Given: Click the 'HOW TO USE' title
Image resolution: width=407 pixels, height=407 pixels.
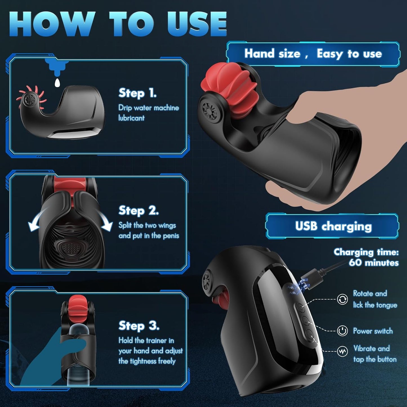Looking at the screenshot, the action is tap(118, 24).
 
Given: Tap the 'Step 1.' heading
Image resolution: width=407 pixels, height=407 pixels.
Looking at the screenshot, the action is tap(137, 93).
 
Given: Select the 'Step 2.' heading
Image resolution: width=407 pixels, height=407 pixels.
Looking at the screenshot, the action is tap(139, 210).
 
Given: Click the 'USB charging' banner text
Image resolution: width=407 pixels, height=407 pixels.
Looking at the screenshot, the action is tap(333, 226).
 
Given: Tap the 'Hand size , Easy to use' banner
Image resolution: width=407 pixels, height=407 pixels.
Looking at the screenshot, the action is tap(313, 54).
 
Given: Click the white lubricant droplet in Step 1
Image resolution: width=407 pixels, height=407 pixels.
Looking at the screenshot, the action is tap(57, 83).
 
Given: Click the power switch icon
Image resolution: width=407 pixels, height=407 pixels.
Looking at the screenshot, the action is tap(342, 331).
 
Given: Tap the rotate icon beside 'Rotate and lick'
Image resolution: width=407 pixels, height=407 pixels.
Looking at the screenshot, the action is tap(342, 299).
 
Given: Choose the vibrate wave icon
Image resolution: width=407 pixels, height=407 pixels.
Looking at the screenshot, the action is tap(342, 351).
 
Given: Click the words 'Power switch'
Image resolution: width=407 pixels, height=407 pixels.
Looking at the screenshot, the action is tap(373, 331).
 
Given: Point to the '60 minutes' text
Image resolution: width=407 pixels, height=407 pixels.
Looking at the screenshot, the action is tap(374, 263).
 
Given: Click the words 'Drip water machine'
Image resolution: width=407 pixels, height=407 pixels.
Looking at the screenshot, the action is tap(149, 108).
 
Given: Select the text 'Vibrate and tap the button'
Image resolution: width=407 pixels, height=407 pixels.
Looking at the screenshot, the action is tap(375, 353).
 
